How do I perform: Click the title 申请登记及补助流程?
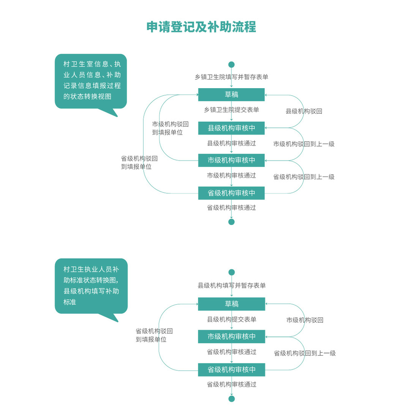point(201,27)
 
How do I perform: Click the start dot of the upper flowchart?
point(231,64)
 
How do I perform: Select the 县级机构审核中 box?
point(231,128)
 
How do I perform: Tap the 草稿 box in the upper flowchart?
point(231,94)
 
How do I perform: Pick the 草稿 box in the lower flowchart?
point(231,304)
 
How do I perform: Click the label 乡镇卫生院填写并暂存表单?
point(231,77)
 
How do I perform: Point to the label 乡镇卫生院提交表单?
point(231,110)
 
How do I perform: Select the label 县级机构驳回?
point(304,111)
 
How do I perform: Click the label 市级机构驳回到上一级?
point(304,144)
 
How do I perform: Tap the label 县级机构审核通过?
point(231,143)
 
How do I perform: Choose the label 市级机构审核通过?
point(231,176)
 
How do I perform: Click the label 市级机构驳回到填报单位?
point(170,128)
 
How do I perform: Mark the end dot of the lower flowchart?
point(232,399)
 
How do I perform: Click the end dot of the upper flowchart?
point(231,222)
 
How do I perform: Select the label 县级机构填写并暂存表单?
point(232,285)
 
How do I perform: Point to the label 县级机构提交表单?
point(232,319)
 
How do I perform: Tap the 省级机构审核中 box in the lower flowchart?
point(231,370)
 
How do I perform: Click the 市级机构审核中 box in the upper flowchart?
point(231,160)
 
